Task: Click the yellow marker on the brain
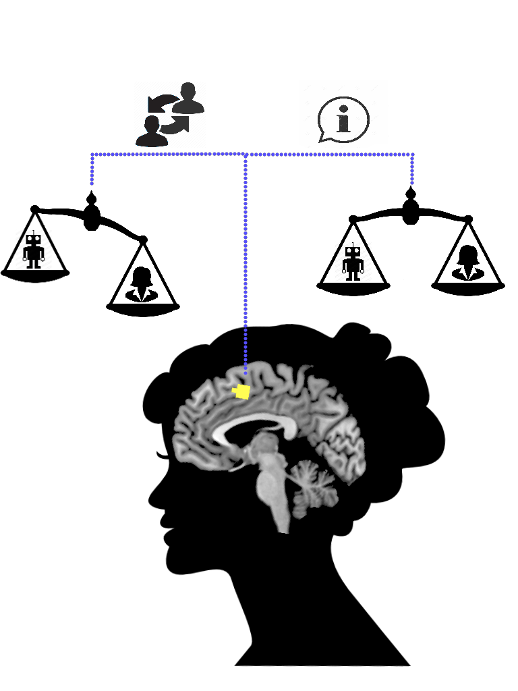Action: coord(241,391)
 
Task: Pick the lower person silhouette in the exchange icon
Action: coord(152,132)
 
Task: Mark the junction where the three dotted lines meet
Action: coord(245,155)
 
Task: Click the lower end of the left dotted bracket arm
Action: coord(92,183)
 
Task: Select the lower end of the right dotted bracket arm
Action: coord(412,183)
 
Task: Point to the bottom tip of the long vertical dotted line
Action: coord(245,372)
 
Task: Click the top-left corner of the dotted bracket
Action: coord(92,155)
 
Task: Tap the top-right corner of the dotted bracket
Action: coord(412,155)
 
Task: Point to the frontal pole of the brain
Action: coord(178,432)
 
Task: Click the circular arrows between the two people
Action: coord(169,115)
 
